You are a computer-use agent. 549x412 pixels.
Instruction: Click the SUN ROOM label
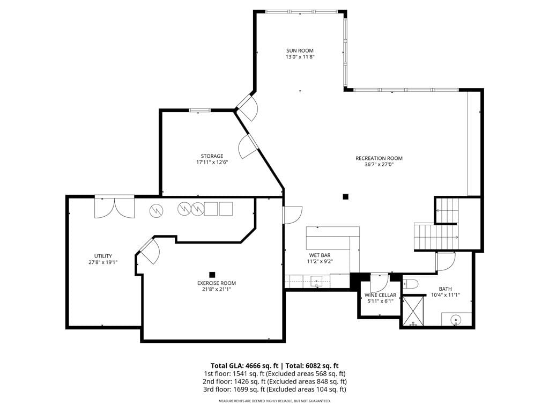(x=300, y=50)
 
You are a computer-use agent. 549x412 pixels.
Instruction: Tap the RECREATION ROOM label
(x=379, y=158)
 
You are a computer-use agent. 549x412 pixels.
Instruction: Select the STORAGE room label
(x=212, y=156)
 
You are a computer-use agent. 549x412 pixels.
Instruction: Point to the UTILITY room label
(x=103, y=256)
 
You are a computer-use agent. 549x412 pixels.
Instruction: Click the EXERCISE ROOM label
(x=217, y=283)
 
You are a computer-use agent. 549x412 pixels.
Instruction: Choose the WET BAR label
(x=320, y=255)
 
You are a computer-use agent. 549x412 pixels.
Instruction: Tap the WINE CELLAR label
(x=380, y=296)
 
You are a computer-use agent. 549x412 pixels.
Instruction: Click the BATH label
(x=445, y=289)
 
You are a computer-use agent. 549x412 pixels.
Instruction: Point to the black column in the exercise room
(x=212, y=275)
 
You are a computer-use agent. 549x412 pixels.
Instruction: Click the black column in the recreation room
(x=346, y=197)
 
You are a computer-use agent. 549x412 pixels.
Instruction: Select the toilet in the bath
(x=410, y=284)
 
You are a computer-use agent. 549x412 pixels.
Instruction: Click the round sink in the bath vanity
(x=456, y=320)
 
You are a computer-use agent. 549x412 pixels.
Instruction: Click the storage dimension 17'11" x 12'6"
(x=212, y=162)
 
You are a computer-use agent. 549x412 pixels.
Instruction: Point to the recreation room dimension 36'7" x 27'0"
(x=379, y=164)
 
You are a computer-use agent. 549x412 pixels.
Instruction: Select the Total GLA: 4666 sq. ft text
(x=244, y=366)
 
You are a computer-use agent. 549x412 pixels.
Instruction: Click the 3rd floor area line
(x=274, y=389)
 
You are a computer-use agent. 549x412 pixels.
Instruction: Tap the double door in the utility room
(x=114, y=207)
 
